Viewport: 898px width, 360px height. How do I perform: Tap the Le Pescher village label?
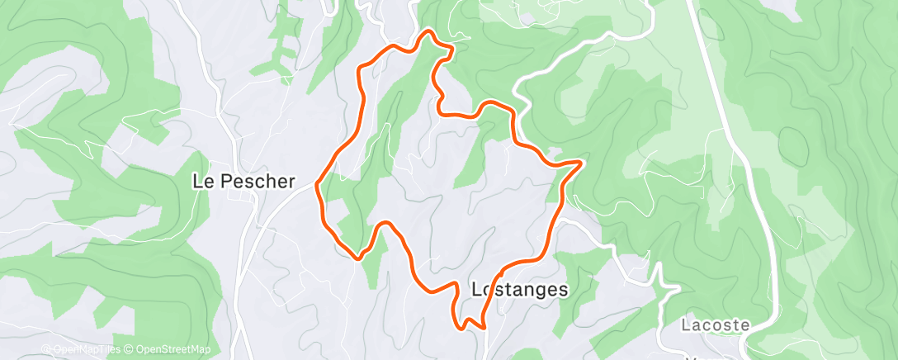click(x=243, y=182)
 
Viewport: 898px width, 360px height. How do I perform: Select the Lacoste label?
click(x=716, y=325)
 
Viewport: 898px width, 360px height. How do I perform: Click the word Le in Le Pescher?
click(x=202, y=182)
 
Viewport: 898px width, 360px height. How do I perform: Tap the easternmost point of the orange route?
click(x=581, y=163)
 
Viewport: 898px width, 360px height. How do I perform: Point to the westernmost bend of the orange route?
click(x=318, y=183)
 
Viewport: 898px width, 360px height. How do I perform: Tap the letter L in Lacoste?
click(x=687, y=325)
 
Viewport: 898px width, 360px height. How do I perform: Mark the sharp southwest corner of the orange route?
click(x=358, y=257)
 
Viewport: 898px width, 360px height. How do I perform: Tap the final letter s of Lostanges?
click(x=564, y=290)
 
